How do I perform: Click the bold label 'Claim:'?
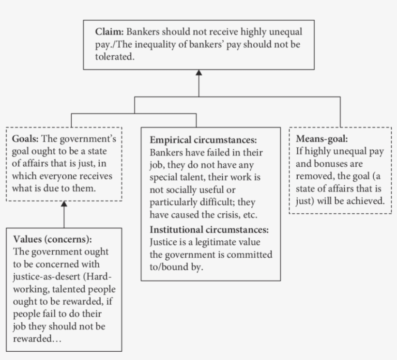tap(110, 32)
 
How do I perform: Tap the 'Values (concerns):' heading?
tap(52, 239)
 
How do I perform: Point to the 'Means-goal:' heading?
tap(322, 139)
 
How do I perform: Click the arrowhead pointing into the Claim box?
tap(199, 73)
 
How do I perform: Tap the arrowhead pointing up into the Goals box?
tap(64, 204)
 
